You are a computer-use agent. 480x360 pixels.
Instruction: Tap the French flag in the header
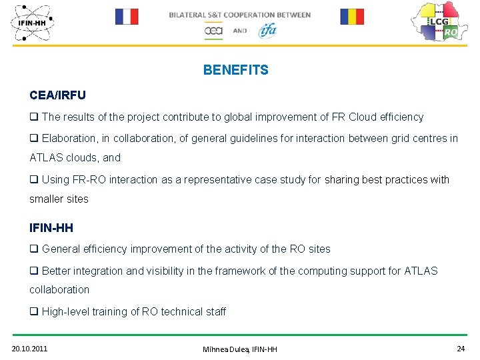[127, 17]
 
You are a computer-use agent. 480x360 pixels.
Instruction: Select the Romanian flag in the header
[352, 17]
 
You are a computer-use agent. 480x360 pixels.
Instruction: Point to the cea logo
[213, 31]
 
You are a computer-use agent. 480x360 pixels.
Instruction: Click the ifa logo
[267, 30]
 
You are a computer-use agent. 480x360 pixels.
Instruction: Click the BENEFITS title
[235, 70]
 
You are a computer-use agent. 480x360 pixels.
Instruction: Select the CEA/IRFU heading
[57, 95]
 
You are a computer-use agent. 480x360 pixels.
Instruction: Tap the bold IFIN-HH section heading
[51, 228]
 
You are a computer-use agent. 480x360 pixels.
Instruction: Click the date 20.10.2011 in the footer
[29, 349]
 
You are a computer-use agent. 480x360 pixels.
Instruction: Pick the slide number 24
[461, 349]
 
